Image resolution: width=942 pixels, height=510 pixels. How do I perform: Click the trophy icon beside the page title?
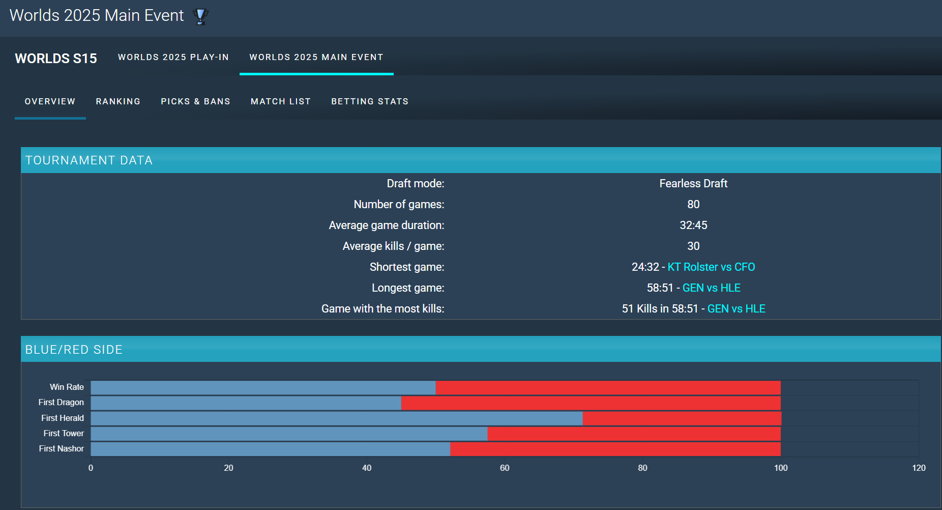[201, 16]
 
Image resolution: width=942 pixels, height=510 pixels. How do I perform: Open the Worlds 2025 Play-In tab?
[173, 58]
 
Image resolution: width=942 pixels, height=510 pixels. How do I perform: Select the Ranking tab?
[118, 102]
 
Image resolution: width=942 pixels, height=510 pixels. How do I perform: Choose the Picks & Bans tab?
[195, 102]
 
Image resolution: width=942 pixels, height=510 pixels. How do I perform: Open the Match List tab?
[281, 102]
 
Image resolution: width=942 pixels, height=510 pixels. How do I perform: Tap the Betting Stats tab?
[370, 102]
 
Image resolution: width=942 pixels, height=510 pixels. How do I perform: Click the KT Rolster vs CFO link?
[711, 267]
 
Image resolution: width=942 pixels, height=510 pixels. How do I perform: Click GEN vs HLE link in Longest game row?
[711, 288]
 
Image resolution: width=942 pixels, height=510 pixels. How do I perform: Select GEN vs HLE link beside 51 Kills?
[736, 309]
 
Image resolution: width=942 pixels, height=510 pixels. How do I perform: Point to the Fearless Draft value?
[693, 184]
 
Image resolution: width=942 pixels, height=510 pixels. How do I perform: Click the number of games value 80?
[693, 205]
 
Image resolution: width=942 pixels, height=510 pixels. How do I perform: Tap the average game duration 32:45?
[693, 225]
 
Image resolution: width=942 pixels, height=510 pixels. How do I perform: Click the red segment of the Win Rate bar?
[608, 388]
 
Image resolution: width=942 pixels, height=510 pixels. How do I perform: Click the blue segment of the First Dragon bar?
[246, 403]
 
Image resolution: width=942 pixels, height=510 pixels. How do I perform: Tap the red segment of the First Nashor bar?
[615, 449]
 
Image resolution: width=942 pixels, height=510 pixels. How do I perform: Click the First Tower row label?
[64, 434]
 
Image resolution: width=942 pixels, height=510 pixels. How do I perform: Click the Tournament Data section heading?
[89, 161]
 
